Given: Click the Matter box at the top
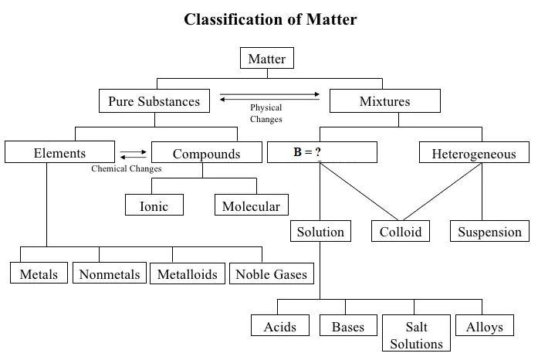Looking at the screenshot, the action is pyautogui.click(x=267, y=58).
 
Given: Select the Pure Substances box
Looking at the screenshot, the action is pyautogui.click(x=154, y=101).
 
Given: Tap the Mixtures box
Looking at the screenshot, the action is pyautogui.click(x=385, y=101).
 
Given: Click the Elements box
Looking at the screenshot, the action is pyautogui.click(x=59, y=152).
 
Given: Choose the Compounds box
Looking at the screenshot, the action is pyautogui.click(x=207, y=152).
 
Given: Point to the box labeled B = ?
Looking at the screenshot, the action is pyautogui.click(x=322, y=152).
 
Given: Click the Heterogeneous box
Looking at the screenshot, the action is pyautogui.click(x=474, y=152).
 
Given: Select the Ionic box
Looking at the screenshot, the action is pyautogui.click(x=154, y=205).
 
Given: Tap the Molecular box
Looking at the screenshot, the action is pyautogui.click(x=252, y=205).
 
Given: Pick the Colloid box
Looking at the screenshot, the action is pyautogui.click(x=401, y=231).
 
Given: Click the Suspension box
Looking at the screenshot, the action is pyautogui.click(x=489, y=231).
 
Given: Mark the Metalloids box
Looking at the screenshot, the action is pyautogui.click(x=188, y=273).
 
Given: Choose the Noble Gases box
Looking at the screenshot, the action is pyautogui.click(x=272, y=273).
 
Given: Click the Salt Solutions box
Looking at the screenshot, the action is pyautogui.click(x=416, y=333).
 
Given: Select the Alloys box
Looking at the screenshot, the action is pyautogui.click(x=485, y=325).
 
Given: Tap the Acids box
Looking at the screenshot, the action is pyautogui.click(x=280, y=325).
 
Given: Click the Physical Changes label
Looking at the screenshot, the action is pyautogui.click(x=266, y=114).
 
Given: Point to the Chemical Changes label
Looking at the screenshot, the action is pyautogui.click(x=127, y=168).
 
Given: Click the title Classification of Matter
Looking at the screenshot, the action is pyautogui.click(x=270, y=19).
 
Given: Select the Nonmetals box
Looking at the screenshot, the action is pyautogui.click(x=110, y=273).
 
